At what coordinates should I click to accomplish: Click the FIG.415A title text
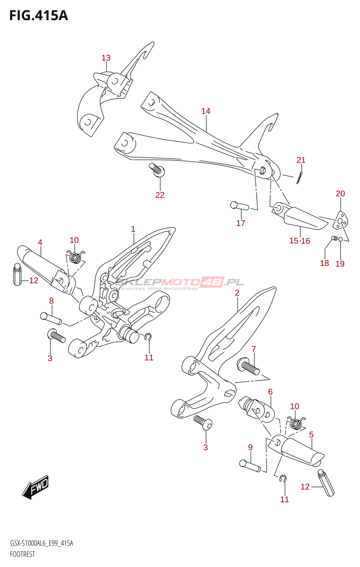pos(39,16)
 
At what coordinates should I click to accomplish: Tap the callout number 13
pos(106,58)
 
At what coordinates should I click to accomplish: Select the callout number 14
pos(206,111)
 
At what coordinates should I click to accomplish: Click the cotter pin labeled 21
pos(300,178)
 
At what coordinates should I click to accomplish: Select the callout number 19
pos(340,264)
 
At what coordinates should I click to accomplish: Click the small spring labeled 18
pos(335,238)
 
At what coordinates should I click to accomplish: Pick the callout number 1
pos(133,229)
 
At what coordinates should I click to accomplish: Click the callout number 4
pos(40,242)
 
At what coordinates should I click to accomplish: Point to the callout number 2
pos(237,293)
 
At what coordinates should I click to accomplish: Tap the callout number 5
pos(311,435)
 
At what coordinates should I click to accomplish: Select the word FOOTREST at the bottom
pos(22,554)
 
